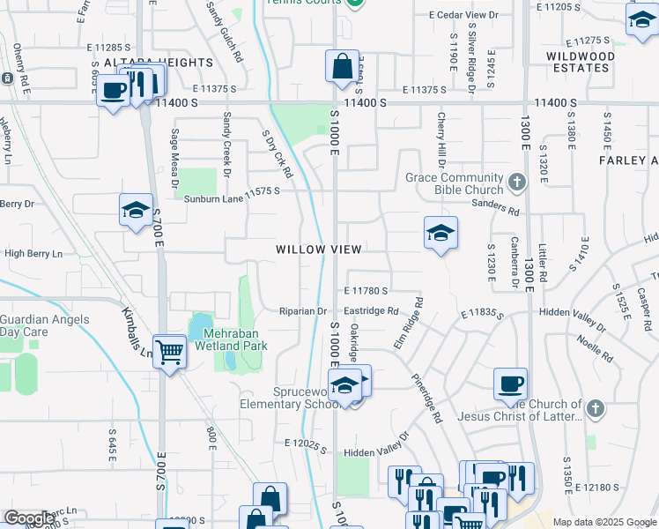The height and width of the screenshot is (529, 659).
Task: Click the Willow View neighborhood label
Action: [x=318, y=250]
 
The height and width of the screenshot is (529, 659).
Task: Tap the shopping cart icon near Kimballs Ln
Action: [x=169, y=351]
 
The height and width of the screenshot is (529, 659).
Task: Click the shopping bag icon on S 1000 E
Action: [x=341, y=65]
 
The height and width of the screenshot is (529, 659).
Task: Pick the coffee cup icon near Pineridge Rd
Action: [x=510, y=384]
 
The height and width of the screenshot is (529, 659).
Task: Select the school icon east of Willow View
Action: [x=440, y=233]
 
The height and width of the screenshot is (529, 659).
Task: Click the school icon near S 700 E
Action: [x=136, y=210]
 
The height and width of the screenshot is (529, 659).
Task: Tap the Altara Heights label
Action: [x=159, y=63]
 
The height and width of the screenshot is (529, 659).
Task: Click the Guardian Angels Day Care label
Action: [x=35, y=325]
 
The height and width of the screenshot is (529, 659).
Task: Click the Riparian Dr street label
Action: [x=303, y=311]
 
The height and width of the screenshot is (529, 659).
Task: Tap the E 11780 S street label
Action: [x=367, y=290]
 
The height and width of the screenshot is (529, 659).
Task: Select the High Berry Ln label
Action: [x=33, y=254]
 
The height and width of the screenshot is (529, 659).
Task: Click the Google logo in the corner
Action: [x=29, y=518]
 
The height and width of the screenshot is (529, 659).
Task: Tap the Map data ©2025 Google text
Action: [x=603, y=522]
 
